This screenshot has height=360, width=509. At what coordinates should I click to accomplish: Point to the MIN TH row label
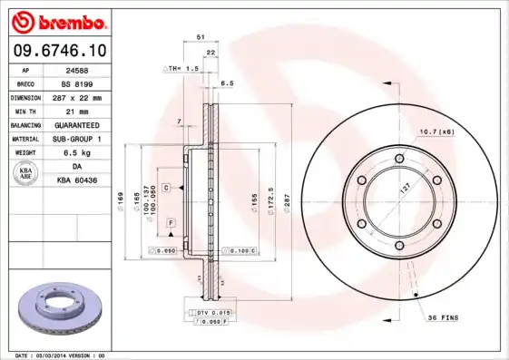(24, 111)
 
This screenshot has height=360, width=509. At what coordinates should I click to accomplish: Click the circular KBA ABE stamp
(26, 174)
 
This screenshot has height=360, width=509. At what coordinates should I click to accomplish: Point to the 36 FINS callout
(445, 318)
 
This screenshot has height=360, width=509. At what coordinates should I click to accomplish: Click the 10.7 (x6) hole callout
(436, 131)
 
